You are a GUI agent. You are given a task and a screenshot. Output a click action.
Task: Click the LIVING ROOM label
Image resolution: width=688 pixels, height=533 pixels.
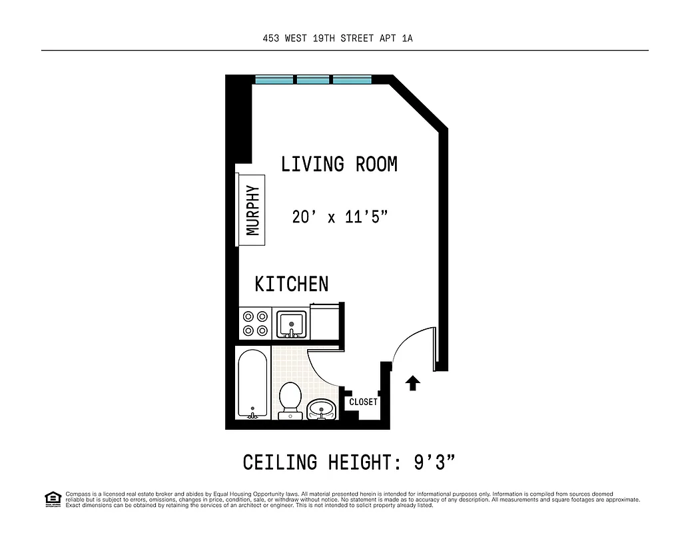(339, 164)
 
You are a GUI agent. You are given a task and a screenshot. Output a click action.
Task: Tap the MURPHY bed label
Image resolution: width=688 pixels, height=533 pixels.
(252, 210)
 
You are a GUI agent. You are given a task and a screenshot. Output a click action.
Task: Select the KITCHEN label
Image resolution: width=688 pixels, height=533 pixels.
(292, 284)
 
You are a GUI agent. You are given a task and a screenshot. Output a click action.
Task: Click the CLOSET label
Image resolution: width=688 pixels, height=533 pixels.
(363, 402)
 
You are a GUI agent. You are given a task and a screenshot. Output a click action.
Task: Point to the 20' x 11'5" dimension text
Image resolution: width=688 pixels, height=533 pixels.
(340, 217)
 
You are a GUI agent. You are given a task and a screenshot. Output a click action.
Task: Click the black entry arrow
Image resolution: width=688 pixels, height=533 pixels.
(413, 382)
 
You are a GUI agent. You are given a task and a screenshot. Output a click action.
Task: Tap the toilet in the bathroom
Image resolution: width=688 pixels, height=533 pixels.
(290, 400)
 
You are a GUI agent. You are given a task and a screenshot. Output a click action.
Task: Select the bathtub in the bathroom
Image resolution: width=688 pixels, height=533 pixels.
(253, 384)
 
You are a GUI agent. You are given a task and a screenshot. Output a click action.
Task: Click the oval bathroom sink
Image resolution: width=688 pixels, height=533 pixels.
(322, 408)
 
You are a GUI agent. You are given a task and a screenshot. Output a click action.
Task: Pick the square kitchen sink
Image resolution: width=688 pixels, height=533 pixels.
(291, 324)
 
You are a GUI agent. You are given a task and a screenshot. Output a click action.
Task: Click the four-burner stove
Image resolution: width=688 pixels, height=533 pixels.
(255, 323)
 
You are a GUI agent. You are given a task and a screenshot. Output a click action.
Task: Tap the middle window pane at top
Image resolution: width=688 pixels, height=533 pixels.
(313, 80)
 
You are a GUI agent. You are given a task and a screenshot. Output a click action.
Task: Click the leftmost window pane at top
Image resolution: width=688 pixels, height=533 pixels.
(274, 80)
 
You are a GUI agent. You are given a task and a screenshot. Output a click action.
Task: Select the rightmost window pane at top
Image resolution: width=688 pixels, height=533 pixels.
(352, 80)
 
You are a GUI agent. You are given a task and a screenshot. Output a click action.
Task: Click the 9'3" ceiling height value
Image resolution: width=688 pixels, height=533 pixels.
(434, 462)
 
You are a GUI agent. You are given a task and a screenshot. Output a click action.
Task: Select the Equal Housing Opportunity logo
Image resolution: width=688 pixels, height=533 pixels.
(52, 498)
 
